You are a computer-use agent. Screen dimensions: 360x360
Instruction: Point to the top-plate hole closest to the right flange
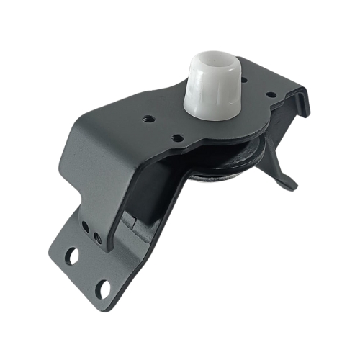269,94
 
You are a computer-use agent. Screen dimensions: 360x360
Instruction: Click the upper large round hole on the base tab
72,254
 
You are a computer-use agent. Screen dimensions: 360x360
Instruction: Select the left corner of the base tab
52,248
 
